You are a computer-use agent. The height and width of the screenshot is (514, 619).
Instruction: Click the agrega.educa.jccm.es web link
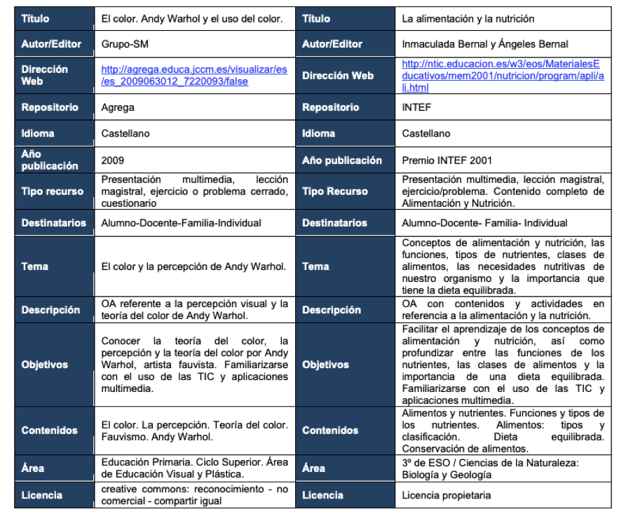(x=194, y=75)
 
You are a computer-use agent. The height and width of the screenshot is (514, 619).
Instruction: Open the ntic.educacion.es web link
(x=503, y=75)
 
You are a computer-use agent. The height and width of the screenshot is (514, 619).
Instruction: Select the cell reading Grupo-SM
(x=125, y=44)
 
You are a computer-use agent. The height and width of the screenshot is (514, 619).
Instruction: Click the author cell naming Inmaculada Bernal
(x=484, y=44)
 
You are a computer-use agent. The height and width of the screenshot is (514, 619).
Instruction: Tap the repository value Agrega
(x=118, y=107)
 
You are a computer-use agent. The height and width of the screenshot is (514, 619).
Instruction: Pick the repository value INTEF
(x=416, y=107)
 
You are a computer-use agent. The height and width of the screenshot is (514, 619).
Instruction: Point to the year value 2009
(x=113, y=160)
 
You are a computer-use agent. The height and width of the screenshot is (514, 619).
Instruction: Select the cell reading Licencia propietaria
(x=447, y=495)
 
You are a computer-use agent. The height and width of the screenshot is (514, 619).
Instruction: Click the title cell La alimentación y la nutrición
(x=468, y=19)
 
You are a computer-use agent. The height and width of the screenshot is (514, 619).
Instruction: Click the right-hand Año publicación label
(x=342, y=160)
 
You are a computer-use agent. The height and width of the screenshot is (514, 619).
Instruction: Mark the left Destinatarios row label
(x=54, y=223)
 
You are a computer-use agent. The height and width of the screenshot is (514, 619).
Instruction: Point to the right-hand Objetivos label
(x=325, y=365)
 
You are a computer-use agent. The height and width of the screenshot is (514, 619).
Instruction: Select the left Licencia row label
(x=42, y=495)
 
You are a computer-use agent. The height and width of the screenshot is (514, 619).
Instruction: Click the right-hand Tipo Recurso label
(x=335, y=191)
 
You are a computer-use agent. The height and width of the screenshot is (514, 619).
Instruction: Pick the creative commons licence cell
(x=194, y=495)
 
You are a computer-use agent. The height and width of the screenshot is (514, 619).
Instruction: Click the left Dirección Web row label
(x=45, y=75)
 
